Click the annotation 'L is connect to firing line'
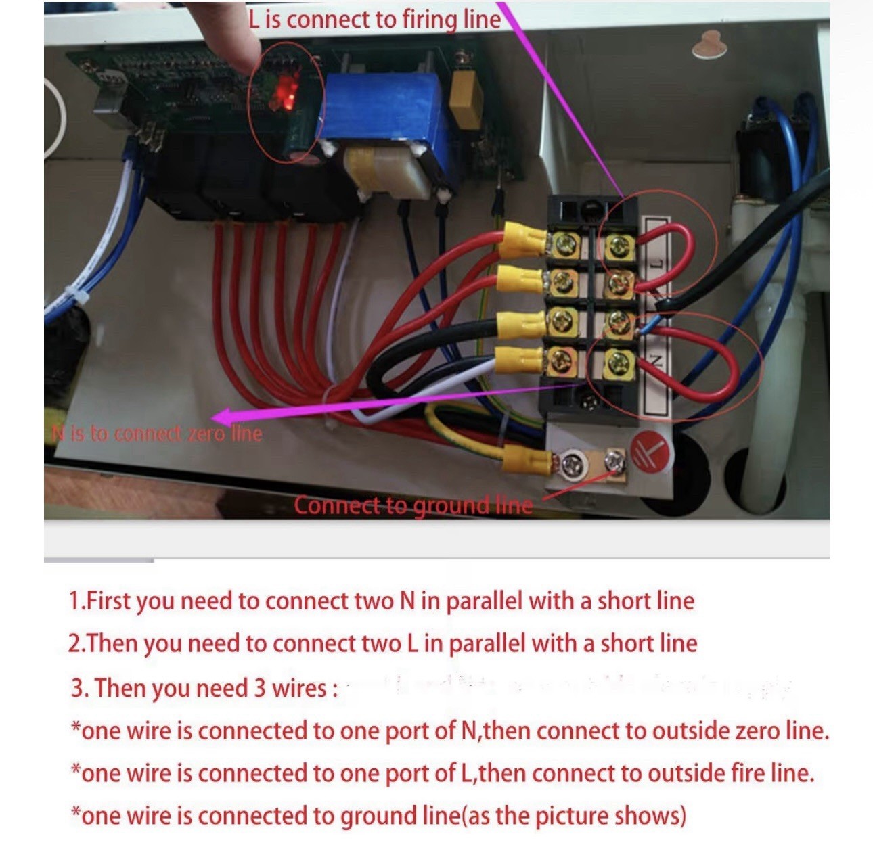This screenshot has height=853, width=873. point(374,19)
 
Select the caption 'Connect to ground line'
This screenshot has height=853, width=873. point(413,505)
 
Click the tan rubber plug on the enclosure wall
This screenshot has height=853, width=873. point(709,45)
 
